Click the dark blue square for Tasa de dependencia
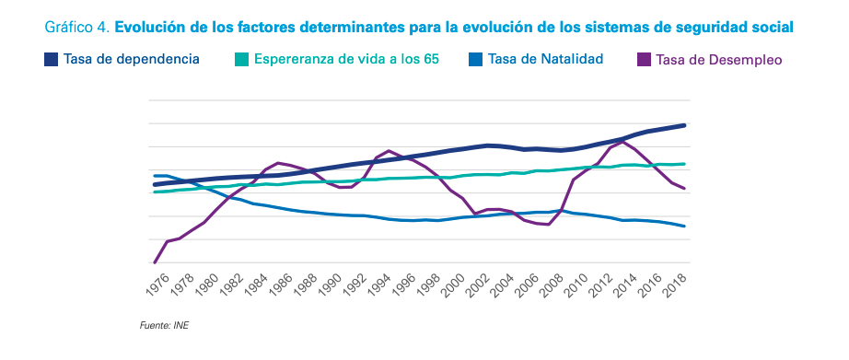[x=51, y=59]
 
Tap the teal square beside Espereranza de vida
[x=241, y=59]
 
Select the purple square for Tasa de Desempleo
[x=643, y=60]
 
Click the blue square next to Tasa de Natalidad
[x=475, y=59]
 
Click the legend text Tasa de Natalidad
[x=546, y=59]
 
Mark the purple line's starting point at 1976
[x=154, y=262]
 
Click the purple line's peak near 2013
[x=622, y=142]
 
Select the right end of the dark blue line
[x=684, y=125]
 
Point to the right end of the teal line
[x=684, y=164]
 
